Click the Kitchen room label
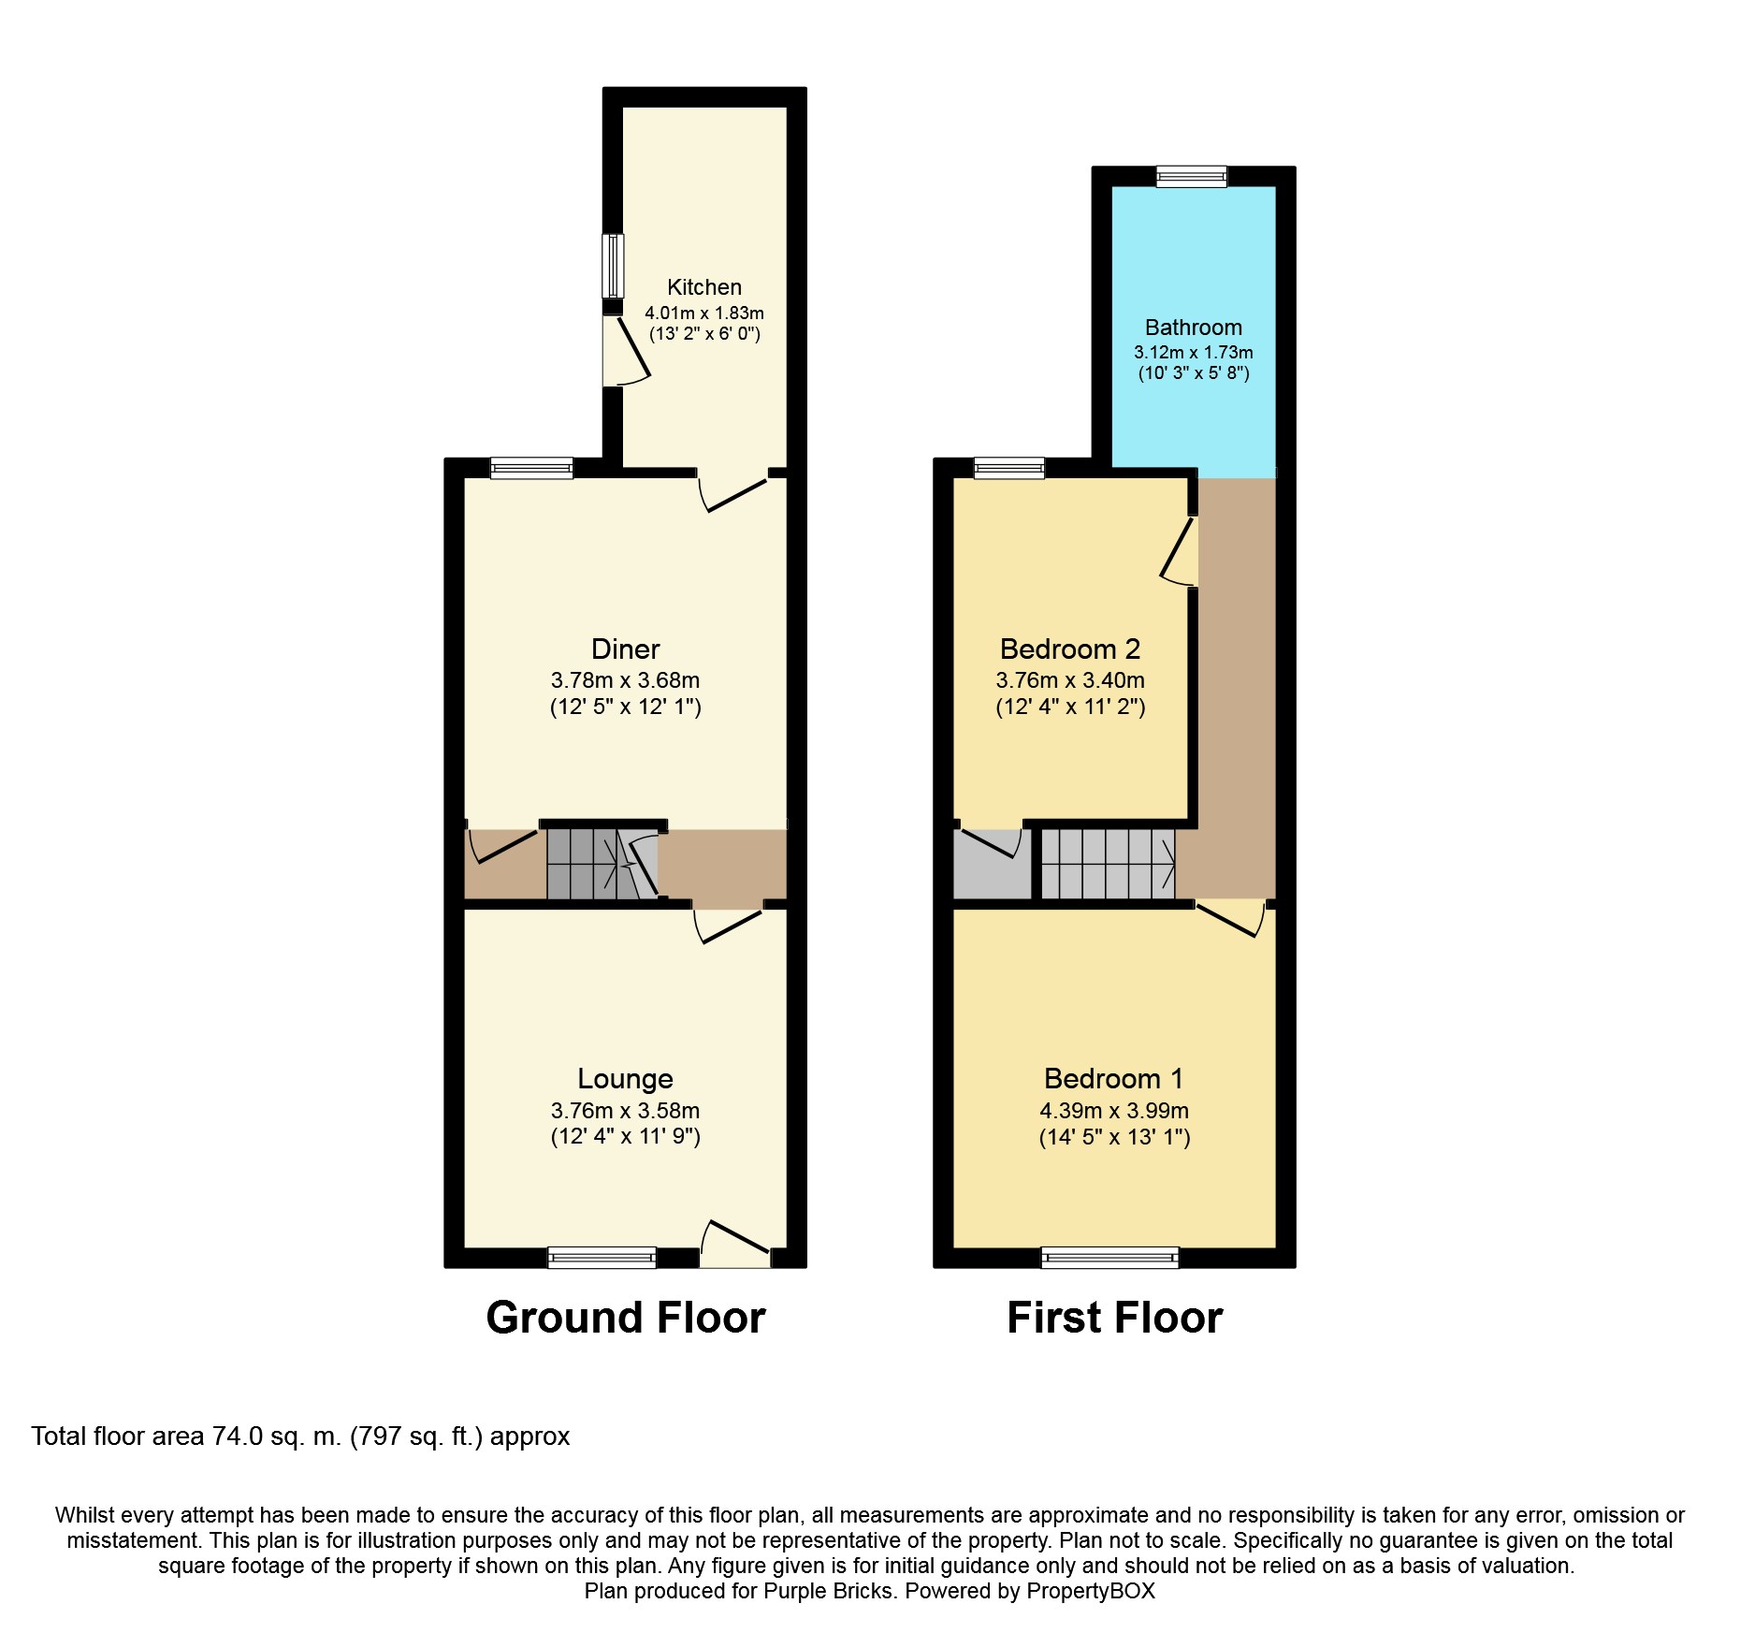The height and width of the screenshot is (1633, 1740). (x=703, y=287)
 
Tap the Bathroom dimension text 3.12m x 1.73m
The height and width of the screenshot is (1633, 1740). (x=1193, y=353)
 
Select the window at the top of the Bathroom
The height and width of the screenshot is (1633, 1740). (x=1191, y=176)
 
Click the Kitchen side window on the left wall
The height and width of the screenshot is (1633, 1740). (x=612, y=266)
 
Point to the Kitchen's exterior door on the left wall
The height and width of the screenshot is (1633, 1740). (x=624, y=352)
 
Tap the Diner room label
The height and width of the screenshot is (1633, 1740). (x=625, y=649)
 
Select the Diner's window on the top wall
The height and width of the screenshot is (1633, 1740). (x=531, y=468)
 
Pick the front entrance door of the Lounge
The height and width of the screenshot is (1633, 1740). (x=735, y=1245)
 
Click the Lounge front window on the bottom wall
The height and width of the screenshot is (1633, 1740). (x=602, y=1258)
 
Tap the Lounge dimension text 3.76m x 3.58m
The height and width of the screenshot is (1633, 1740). (x=625, y=1111)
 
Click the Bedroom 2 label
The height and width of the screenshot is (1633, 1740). (x=1069, y=649)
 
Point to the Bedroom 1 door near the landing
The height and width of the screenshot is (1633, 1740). (x=1230, y=917)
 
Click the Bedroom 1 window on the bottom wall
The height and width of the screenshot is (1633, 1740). (x=1109, y=1258)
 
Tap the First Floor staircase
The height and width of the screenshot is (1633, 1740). (x=1108, y=865)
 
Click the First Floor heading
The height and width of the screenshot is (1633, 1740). (x=1114, y=1318)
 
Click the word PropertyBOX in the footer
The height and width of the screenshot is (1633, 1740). (x=1091, y=1591)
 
